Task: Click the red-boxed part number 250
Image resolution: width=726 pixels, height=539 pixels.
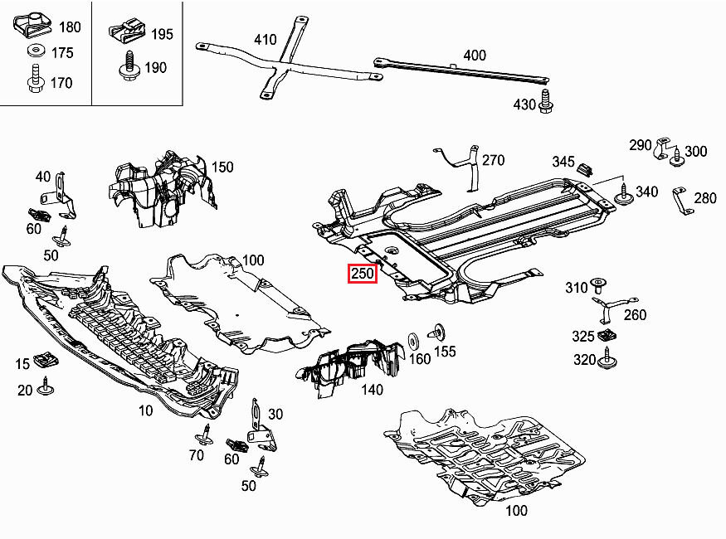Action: coord(363,273)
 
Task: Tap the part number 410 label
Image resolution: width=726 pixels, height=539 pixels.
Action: coord(265,39)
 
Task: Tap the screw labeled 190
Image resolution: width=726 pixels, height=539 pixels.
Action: coord(129,66)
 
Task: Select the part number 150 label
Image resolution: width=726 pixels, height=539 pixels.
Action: coord(222,167)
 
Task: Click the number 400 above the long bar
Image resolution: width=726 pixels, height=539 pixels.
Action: coord(475,56)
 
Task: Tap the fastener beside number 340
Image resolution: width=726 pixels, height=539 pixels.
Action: coord(622,197)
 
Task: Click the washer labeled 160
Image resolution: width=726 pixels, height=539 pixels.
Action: coord(413,342)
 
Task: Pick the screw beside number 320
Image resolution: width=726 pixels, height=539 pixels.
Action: coord(611,359)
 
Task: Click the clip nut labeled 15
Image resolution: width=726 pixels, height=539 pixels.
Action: coord(48,359)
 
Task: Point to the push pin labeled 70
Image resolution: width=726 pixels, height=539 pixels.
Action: coord(205,435)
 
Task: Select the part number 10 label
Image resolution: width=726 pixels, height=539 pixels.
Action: coord(146,410)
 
